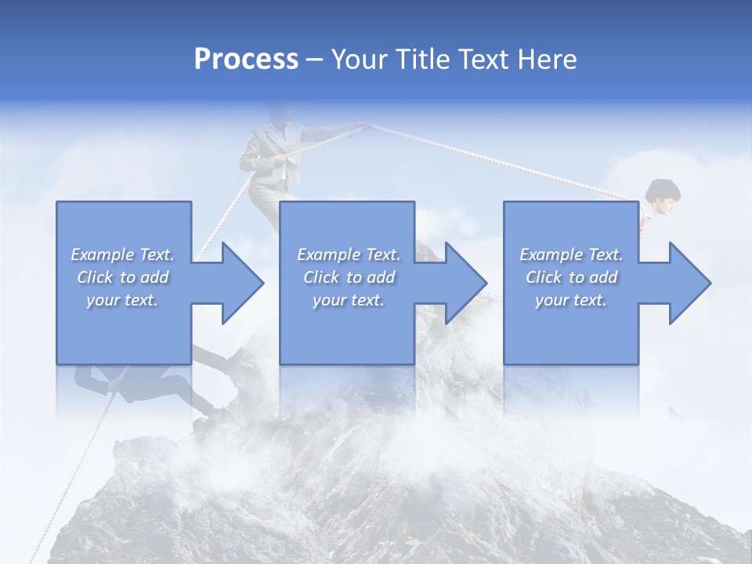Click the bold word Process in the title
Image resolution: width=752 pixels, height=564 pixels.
click(246, 60)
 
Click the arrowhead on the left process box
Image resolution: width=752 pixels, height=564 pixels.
click(239, 283)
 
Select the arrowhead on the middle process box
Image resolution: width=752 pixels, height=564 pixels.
click(463, 283)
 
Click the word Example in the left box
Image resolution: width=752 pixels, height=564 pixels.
click(102, 255)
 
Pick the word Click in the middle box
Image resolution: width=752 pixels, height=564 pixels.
click(320, 277)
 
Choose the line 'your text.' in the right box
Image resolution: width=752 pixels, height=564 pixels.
click(570, 300)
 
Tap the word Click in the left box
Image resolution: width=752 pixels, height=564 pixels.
click(94, 277)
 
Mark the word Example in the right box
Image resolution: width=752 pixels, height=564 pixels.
click(551, 255)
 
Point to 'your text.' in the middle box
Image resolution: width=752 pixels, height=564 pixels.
click(348, 300)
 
